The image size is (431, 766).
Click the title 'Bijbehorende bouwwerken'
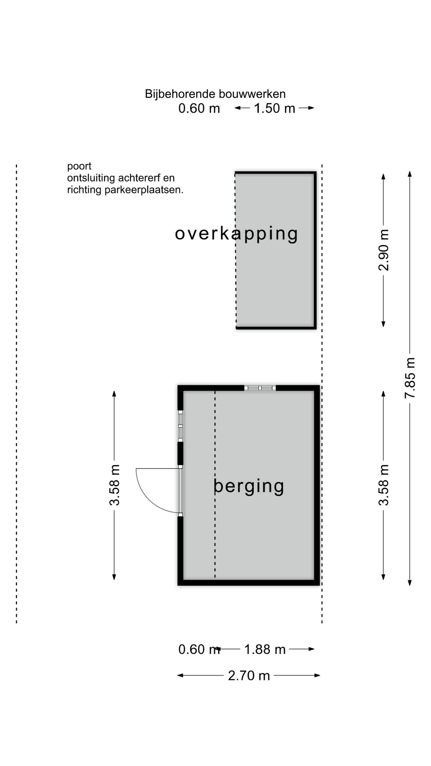[x=215, y=94]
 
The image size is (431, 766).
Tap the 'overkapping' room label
[x=237, y=234]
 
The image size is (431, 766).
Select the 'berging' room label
[x=249, y=486]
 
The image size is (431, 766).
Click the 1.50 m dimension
[x=275, y=108]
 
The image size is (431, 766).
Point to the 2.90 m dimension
[x=384, y=250]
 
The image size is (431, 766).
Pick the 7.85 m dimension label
[x=410, y=378]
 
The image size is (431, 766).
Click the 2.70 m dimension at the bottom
[x=249, y=675]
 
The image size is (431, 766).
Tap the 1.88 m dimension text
[x=265, y=650]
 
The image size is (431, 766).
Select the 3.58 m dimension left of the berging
[x=115, y=485]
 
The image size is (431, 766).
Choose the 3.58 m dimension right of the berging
[x=384, y=485]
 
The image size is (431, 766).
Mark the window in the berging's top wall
[x=260, y=388]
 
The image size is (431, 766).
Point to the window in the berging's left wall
[x=180, y=426]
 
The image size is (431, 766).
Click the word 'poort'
[x=79, y=166]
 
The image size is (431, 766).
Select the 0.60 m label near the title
[x=199, y=108]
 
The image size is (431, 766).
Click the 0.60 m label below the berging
[x=199, y=650]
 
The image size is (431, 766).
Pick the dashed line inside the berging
[x=215, y=485]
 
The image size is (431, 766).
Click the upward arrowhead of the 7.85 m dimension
[x=410, y=174]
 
